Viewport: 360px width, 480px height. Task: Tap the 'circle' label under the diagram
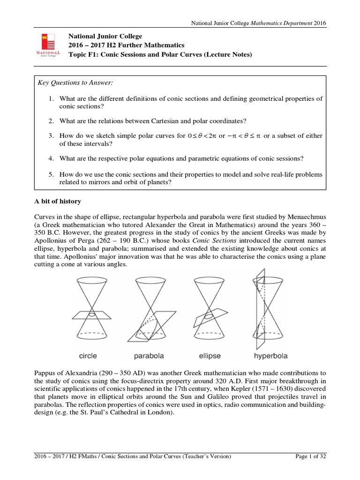(x=88, y=356)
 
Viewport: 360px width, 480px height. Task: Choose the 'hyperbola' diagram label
(x=270, y=356)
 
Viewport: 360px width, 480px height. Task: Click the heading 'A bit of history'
(x=58, y=201)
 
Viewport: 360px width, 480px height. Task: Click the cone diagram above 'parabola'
(x=151, y=309)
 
